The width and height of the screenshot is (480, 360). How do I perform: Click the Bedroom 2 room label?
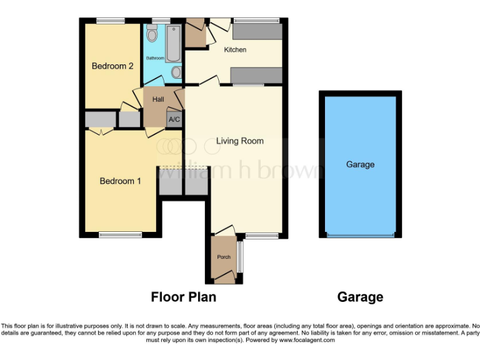click(x=112, y=66)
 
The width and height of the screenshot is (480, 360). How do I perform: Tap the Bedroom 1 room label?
click(x=121, y=181)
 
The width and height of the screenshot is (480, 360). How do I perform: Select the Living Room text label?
click(x=240, y=141)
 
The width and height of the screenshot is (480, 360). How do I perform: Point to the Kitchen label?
click(x=235, y=49)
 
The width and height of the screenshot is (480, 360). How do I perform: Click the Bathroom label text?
click(x=155, y=58)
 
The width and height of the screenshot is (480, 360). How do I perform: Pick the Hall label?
click(x=157, y=99)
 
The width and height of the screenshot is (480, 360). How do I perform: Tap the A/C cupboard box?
click(x=174, y=119)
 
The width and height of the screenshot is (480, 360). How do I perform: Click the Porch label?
click(x=223, y=257)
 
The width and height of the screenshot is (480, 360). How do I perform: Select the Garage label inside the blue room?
click(x=360, y=165)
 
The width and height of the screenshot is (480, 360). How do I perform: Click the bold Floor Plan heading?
click(x=184, y=297)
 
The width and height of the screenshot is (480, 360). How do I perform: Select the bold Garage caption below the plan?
click(x=360, y=297)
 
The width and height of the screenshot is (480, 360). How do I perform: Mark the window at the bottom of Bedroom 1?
click(x=120, y=235)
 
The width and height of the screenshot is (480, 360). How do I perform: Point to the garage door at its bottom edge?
click(x=361, y=236)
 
